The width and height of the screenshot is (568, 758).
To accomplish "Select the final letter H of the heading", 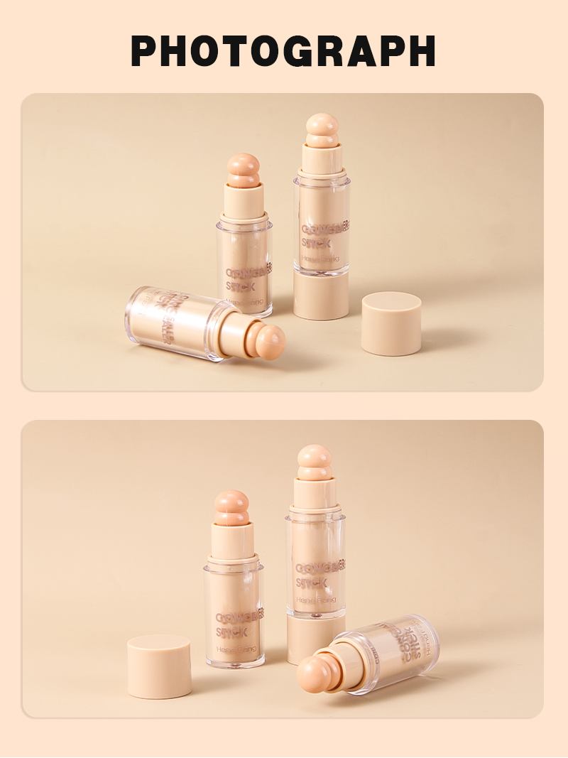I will click(420, 50).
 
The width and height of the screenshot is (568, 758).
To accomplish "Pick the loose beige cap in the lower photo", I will click(159, 666).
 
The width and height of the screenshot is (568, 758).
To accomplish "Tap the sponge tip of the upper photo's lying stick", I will click(270, 342).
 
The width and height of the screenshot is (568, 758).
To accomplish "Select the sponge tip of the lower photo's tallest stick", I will click(315, 462).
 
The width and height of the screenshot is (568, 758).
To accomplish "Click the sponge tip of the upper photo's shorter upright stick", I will click(244, 170).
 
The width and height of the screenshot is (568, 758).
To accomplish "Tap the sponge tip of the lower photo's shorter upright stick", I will click(232, 507).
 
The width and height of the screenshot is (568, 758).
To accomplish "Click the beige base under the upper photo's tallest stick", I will click(321, 294).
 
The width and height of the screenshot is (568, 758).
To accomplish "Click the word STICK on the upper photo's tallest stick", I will click(317, 243).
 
